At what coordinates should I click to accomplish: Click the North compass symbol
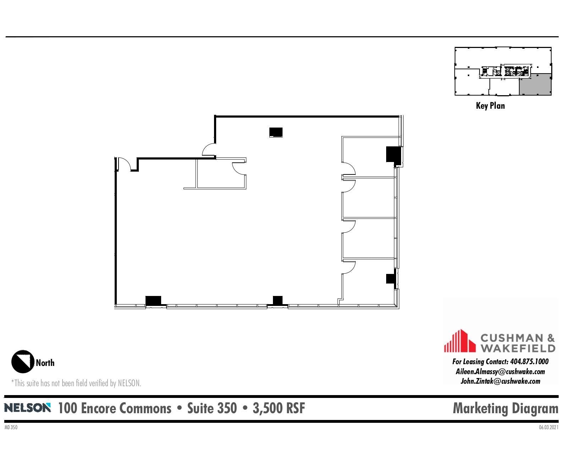point(23,362)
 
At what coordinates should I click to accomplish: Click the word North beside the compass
point(45,363)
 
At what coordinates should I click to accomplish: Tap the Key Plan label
point(490,106)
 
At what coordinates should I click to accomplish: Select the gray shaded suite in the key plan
point(535,85)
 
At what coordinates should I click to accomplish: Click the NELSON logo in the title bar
point(27,408)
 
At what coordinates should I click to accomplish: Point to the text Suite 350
point(212,408)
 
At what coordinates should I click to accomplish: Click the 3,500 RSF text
point(279,408)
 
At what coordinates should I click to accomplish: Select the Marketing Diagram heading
point(505,408)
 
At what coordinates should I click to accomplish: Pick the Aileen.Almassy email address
point(500,372)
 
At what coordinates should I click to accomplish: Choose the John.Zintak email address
point(500,381)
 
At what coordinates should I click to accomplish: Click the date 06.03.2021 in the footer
point(548,427)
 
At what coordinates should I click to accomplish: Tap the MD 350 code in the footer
point(11,427)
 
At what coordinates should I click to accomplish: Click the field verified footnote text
point(76,383)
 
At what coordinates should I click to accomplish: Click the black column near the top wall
point(276,132)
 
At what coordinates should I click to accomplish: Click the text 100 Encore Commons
point(115,408)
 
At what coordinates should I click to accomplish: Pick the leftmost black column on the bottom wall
point(153,301)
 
